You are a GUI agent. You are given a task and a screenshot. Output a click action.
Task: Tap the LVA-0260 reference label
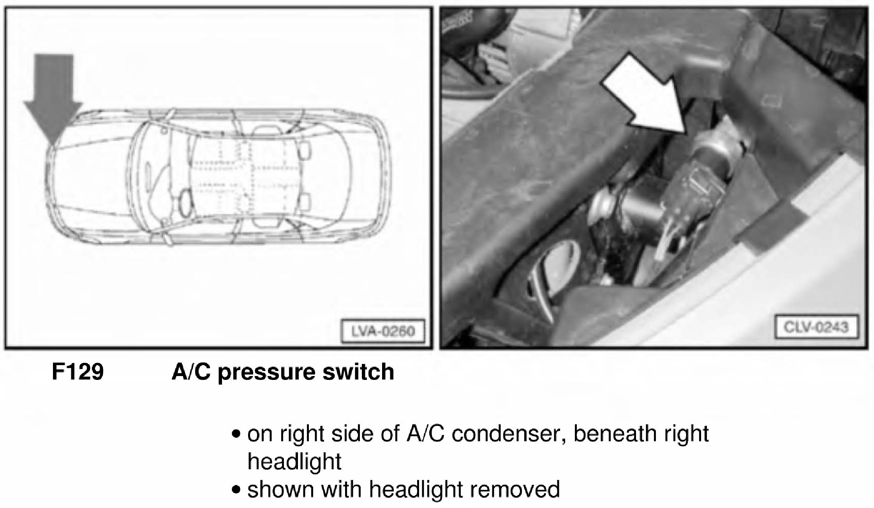pos(383,331)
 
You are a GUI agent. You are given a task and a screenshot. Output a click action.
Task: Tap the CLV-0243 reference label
pos(816,326)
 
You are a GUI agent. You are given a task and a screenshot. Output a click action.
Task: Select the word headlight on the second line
pos(294,462)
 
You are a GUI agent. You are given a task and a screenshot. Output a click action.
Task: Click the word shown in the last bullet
pos(280,489)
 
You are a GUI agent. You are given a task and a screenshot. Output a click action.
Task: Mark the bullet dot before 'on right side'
pos(235,434)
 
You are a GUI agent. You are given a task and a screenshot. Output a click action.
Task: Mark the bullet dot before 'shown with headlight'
pos(235,490)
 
